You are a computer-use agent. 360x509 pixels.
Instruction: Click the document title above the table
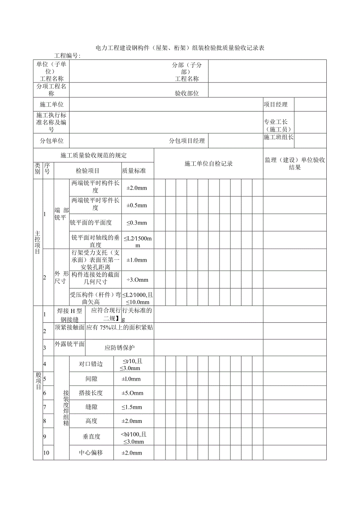pyautogui.click(x=180, y=48)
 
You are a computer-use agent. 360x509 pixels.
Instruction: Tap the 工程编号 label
pyautogui.click(x=67, y=56)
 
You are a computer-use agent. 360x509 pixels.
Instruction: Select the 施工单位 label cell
pyautogui.click(x=52, y=104)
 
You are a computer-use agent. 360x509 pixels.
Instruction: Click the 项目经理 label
pyautogui.click(x=275, y=104)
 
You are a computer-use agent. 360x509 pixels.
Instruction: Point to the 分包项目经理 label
pyautogui.click(x=187, y=141)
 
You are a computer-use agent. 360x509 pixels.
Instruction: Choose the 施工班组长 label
pyautogui.click(x=279, y=137)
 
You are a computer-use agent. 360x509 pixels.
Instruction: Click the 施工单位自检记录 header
pyautogui.click(x=209, y=164)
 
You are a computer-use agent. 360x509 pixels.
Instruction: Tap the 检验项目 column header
pyautogui.click(x=88, y=171)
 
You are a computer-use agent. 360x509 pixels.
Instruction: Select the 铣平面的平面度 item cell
pyautogui.click(x=91, y=223)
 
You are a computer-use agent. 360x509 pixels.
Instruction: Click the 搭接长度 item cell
pyautogui.click(x=91, y=393)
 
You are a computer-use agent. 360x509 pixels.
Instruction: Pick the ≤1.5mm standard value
pyautogui.click(x=132, y=407)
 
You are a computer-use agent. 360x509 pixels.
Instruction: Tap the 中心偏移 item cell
pyautogui.click(x=91, y=453)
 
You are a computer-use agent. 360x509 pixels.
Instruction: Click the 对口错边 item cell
pyautogui.click(x=91, y=364)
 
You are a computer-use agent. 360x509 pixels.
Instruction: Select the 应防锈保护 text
pyautogui.click(x=120, y=347)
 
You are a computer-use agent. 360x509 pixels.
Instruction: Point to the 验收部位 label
pyautogui.click(x=187, y=94)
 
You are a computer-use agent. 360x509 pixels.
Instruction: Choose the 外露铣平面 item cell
pyautogui.click(x=70, y=344)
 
